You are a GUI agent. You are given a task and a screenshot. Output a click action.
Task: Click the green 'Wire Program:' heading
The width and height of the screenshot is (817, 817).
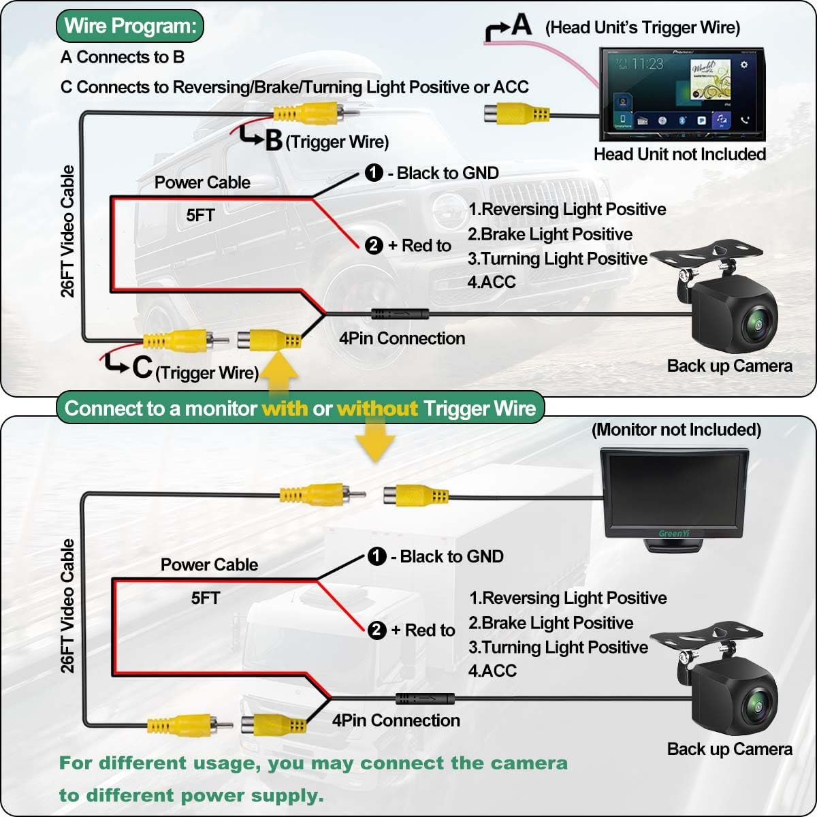[130, 27]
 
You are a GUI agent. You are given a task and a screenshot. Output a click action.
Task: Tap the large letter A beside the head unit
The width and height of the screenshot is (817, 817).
[521, 25]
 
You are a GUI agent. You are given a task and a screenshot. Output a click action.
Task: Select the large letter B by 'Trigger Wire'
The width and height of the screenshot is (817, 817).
[274, 140]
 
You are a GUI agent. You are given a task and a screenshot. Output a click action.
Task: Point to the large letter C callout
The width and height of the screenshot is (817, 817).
[142, 368]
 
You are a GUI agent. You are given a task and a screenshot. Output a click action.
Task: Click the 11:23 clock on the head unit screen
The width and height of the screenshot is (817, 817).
[647, 64]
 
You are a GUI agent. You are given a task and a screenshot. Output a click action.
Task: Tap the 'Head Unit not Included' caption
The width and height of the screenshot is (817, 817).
[679, 155]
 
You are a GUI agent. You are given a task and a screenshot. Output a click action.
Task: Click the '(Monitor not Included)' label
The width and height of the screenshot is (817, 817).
[676, 430]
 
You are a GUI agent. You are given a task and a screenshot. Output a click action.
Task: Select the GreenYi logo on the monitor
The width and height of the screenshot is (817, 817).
[673, 533]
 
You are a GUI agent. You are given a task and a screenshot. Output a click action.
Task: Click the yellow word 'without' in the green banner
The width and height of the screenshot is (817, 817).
[377, 408]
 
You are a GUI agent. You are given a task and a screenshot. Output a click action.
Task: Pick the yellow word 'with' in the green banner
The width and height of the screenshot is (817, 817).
[285, 408]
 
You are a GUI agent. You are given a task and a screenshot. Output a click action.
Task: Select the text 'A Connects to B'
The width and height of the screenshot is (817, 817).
[123, 57]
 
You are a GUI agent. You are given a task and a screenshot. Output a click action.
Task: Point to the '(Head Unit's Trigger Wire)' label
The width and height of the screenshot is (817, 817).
[642, 28]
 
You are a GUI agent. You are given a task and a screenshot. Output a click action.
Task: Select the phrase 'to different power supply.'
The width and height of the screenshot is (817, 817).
[191, 795]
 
